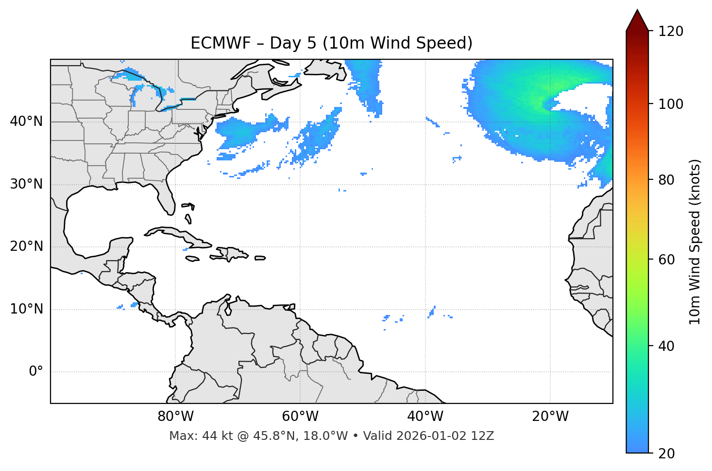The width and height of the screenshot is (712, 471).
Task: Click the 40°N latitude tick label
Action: pos(26,122)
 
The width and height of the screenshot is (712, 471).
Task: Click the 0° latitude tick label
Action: pos(36,372)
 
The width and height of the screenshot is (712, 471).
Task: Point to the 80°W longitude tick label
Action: pos(175,417)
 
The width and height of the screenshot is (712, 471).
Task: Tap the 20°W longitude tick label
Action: pos(550,417)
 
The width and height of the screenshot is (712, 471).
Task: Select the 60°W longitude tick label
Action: pos(300,417)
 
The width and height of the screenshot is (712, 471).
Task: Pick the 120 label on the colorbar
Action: pos(671,32)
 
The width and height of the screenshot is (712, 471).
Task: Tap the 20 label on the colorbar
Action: pos(667,454)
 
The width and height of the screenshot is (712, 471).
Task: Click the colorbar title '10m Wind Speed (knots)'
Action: pos(695,242)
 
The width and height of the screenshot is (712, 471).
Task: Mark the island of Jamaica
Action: pos(192,259)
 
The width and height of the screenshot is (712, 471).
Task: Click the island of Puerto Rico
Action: pos(260,258)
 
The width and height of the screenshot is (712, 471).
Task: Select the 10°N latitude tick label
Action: pos(26,309)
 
